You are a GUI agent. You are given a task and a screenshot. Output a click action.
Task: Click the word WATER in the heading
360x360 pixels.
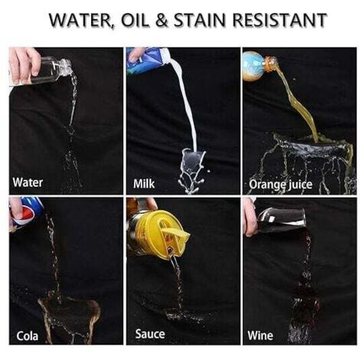[81, 20]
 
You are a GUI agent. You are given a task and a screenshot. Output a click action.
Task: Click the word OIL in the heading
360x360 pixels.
[134, 20]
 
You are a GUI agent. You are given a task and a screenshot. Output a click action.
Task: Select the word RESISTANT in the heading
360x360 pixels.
[280, 20]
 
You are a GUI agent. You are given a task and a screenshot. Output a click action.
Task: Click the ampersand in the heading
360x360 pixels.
[161, 20]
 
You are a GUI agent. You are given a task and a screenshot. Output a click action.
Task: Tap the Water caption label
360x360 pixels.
[28, 182]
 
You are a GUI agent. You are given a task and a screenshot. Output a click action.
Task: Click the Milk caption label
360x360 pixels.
[144, 184]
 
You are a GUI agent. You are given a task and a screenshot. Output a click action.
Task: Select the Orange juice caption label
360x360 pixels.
[280, 185]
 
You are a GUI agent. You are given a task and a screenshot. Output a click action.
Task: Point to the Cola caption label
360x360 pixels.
[28, 335]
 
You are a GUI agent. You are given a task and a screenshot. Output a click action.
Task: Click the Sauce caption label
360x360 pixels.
[150, 334]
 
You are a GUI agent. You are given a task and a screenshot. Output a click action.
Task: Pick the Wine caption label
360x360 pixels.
[260, 335]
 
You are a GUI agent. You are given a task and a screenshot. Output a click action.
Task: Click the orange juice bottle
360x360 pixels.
[258, 65]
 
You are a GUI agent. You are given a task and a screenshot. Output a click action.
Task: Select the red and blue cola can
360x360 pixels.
[25, 211]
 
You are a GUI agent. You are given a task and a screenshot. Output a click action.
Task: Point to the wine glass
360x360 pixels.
[280, 220]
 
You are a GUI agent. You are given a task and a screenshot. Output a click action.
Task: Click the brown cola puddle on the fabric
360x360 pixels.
[69, 316]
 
